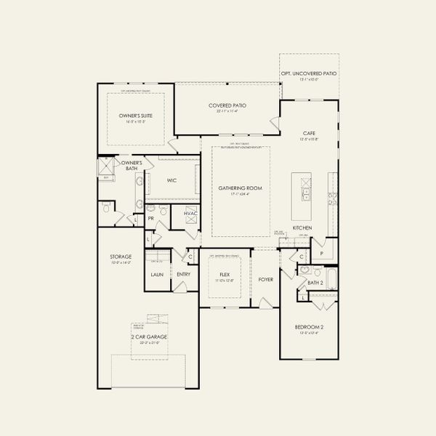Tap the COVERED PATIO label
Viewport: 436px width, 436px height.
227,105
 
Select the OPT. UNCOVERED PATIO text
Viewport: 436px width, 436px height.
309,73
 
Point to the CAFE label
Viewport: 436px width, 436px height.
308,133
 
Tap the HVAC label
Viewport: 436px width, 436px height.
190,213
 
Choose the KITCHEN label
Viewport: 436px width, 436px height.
302,227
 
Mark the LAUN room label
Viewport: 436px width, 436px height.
156,275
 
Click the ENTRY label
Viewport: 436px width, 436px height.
183,275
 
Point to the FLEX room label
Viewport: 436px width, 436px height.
225,275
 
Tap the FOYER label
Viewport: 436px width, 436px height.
265,279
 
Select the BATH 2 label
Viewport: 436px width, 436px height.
315,283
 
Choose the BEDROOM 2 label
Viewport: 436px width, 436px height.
309,327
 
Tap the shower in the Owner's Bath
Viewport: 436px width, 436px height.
106,166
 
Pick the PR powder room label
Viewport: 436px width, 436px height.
151,217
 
